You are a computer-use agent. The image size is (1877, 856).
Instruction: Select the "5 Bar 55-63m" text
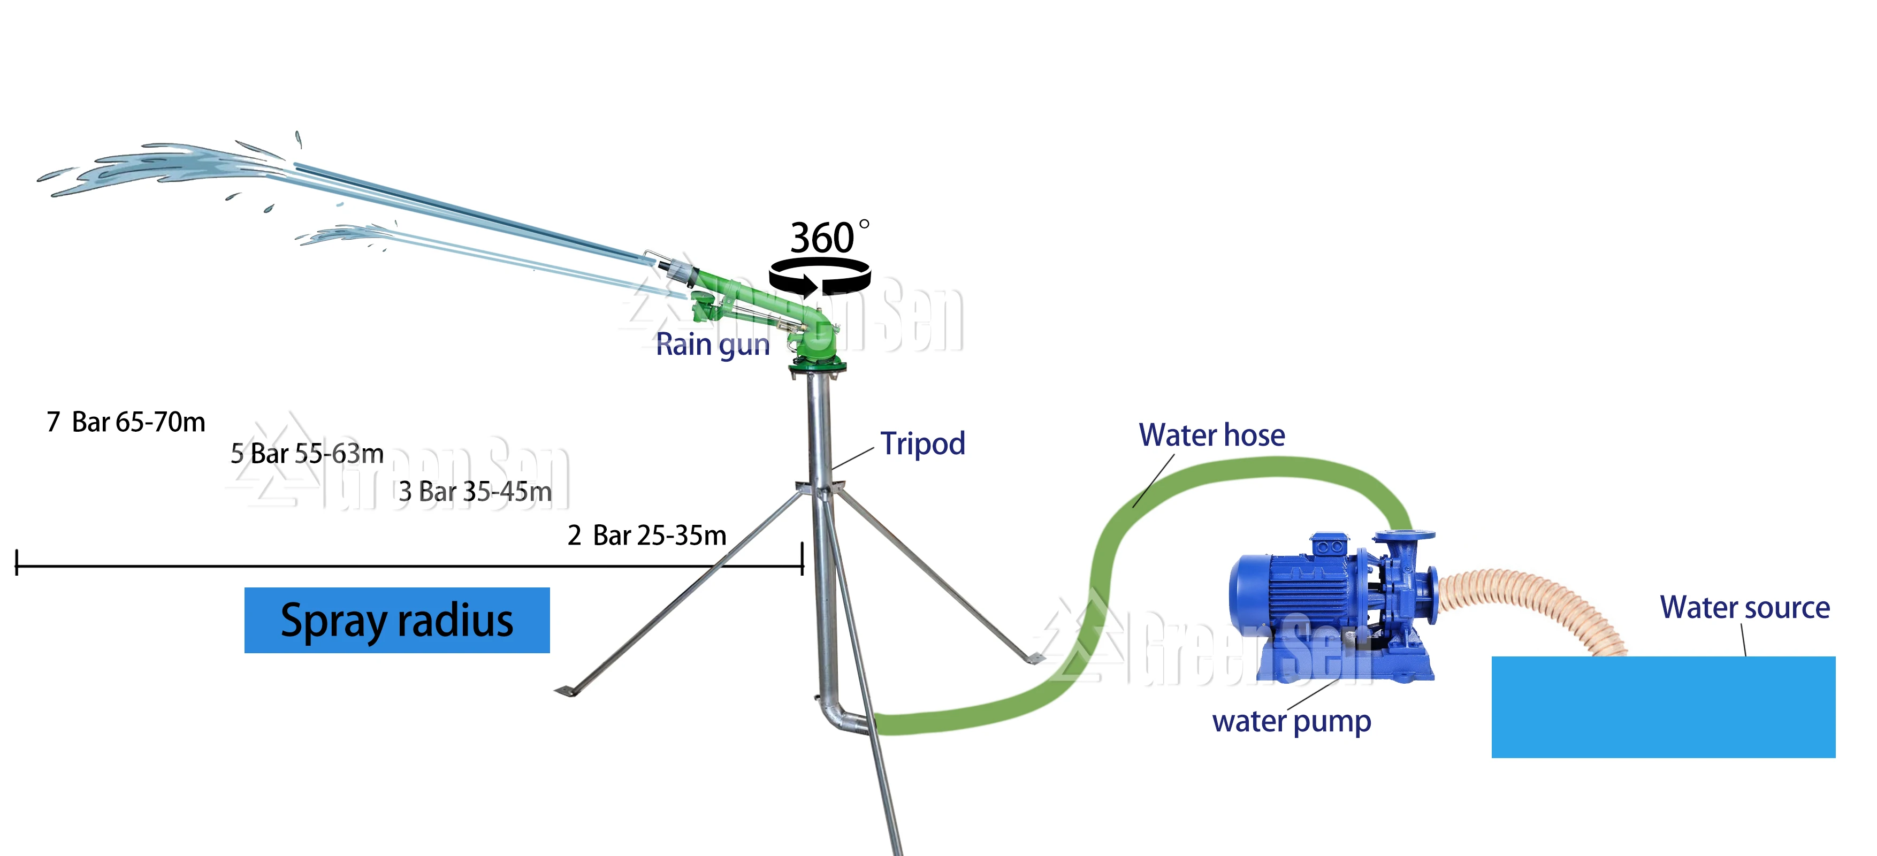(307, 454)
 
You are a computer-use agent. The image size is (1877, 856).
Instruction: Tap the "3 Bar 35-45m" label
(475, 492)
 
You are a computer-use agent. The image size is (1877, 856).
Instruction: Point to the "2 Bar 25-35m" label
(647, 536)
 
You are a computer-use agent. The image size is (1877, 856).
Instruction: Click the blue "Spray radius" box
(396, 620)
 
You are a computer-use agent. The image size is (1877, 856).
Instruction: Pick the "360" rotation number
(822, 238)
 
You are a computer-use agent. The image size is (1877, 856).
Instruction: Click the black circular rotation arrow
(819, 277)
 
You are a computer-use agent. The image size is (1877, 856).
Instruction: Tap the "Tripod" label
(922, 444)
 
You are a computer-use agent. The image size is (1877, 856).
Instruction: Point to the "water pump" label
(1291, 721)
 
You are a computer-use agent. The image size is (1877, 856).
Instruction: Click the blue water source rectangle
(1663, 707)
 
